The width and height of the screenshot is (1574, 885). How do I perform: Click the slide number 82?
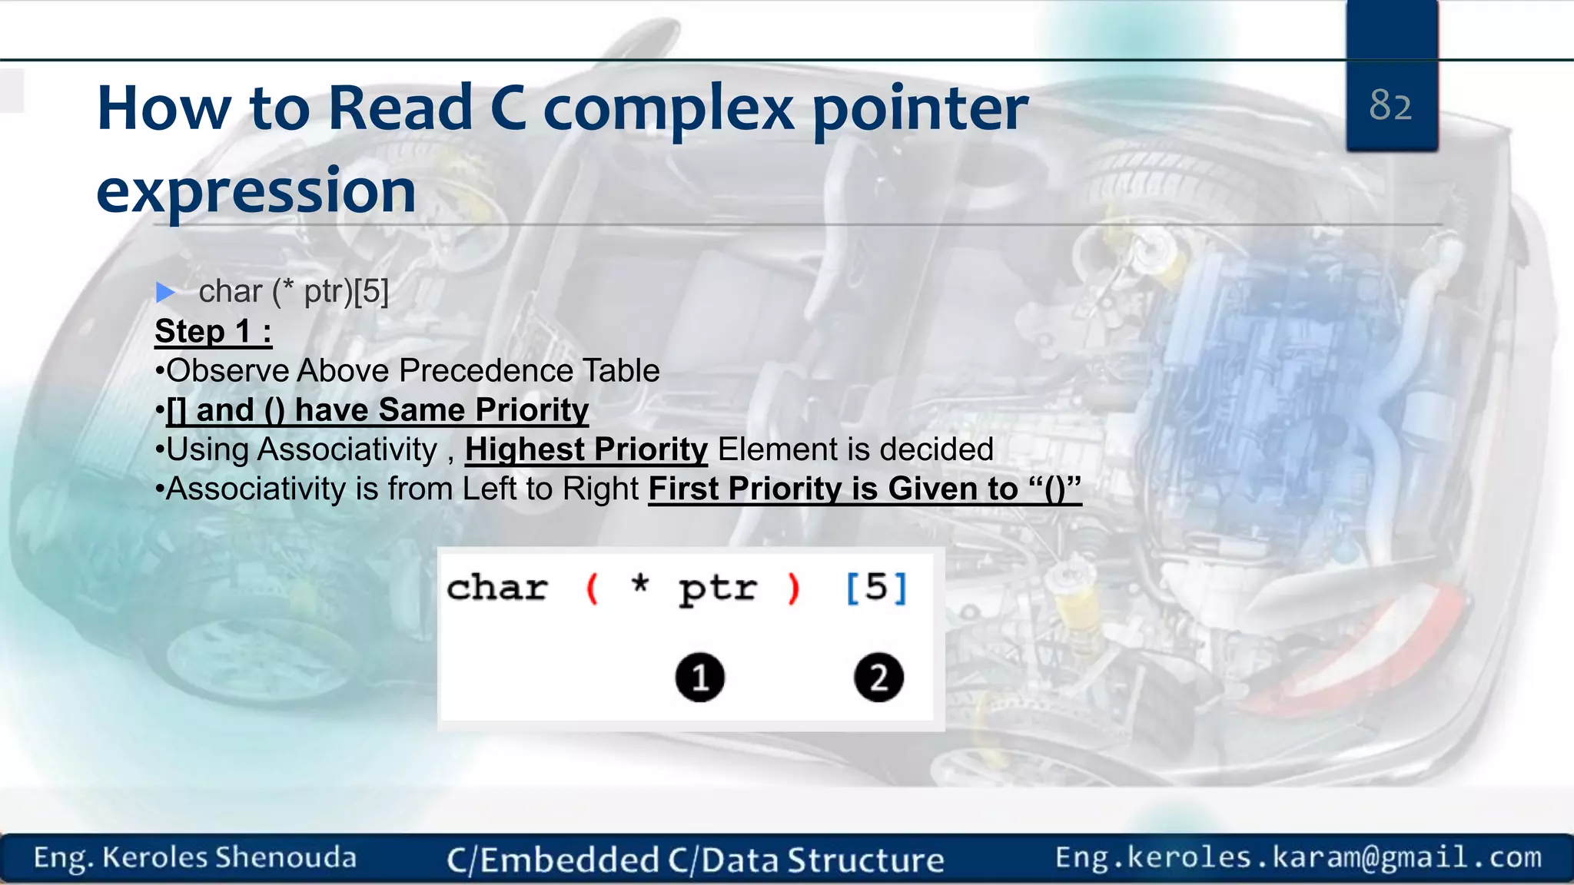point(1390,105)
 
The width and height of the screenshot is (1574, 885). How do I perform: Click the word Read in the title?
point(400,108)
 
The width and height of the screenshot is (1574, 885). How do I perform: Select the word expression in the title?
point(256,191)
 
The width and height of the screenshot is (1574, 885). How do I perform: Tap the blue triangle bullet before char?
point(165,292)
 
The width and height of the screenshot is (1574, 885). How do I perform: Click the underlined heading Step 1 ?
point(213,332)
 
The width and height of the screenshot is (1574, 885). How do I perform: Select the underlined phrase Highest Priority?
point(586,449)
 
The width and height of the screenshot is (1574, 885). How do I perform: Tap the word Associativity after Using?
point(347,449)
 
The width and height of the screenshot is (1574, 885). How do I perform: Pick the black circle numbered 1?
point(699,678)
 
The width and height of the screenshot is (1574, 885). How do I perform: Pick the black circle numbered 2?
point(878,678)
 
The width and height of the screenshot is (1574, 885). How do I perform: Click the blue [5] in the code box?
point(876,588)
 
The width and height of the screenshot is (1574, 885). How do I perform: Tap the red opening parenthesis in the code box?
point(591,589)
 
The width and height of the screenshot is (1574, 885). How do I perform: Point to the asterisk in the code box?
point(639,584)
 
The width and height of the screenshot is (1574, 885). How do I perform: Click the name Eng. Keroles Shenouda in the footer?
point(195,857)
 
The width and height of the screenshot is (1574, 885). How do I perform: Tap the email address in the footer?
point(1298,857)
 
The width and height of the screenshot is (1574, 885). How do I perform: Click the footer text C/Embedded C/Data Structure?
point(695,860)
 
